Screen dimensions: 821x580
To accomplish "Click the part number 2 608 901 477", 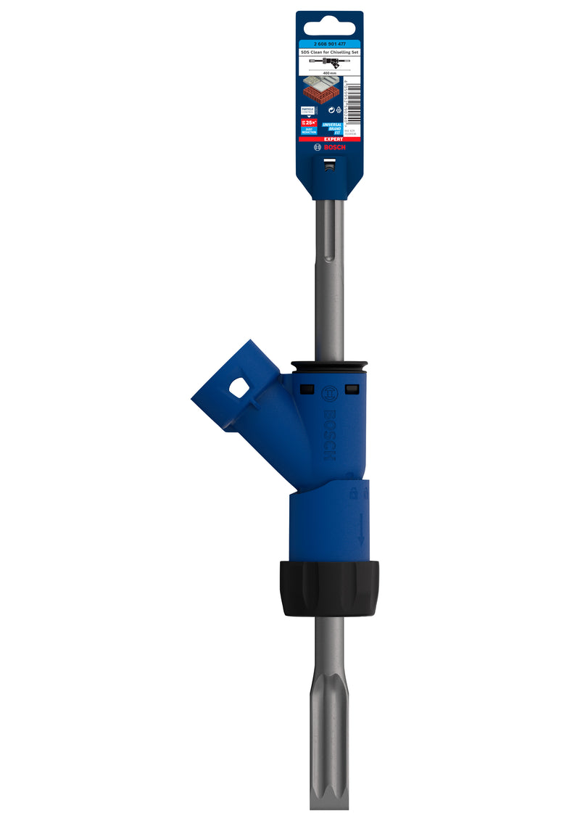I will click(x=329, y=44).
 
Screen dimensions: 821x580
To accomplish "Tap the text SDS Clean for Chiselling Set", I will click(x=329, y=53).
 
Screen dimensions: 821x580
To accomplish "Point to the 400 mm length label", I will click(x=329, y=73).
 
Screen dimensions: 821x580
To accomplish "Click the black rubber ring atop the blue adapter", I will click(x=329, y=365).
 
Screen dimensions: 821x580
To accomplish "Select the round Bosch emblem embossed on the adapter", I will click(x=328, y=394).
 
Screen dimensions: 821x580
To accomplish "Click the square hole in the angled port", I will click(x=239, y=389).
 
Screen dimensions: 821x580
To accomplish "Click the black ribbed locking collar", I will click(x=329, y=588).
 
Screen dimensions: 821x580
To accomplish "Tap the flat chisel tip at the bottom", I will click(x=329, y=794).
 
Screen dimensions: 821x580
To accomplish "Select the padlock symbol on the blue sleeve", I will click(x=353, y=493).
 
